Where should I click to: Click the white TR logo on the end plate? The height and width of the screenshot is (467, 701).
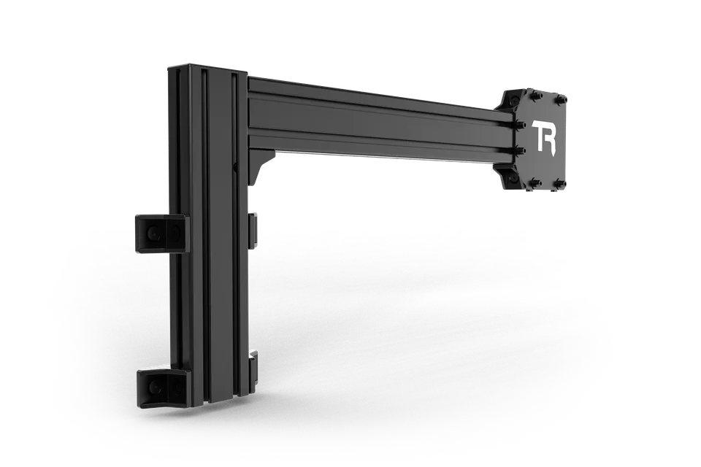tap(543, 137)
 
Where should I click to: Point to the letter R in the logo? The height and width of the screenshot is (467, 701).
tap(551, 139)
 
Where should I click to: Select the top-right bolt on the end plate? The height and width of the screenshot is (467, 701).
tap(562, 99)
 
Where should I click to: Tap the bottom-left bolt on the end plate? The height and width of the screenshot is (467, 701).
tap(536, 182)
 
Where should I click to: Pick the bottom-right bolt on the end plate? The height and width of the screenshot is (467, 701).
tap(562, 184)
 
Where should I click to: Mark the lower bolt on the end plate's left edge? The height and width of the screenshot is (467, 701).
tap(520, 151)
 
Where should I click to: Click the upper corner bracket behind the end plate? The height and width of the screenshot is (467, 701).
tap(510, 100)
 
